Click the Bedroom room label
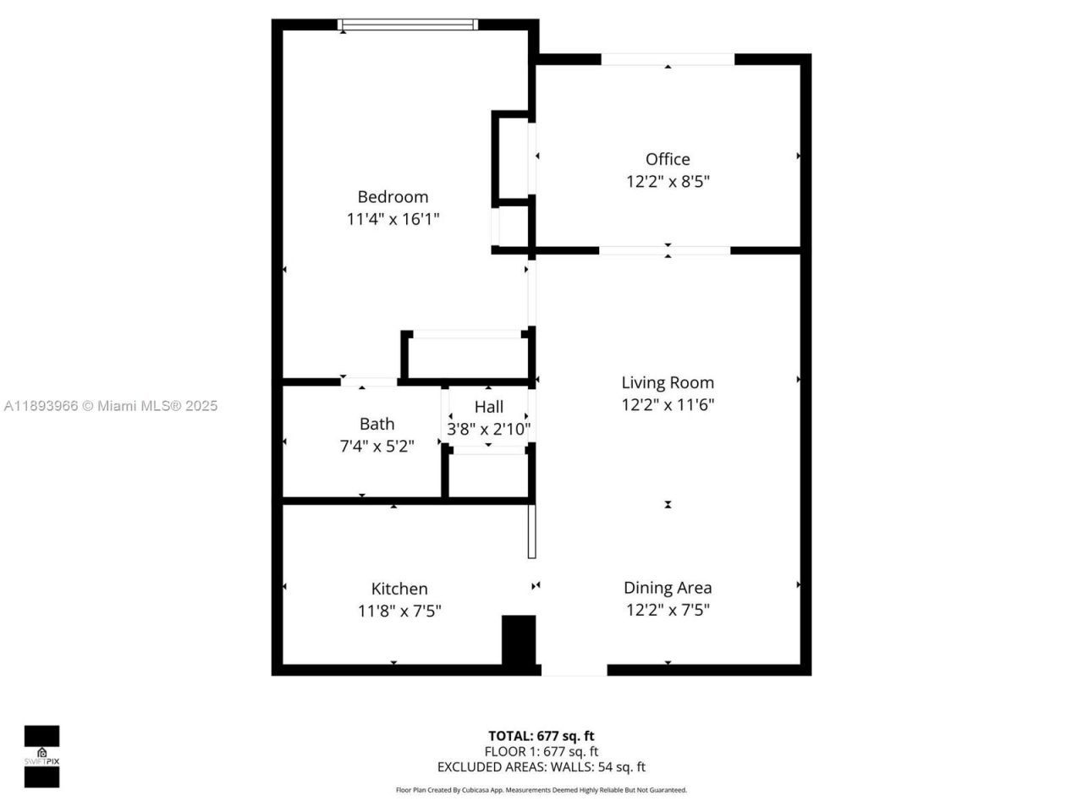(393, 197)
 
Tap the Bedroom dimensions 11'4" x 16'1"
(393, 219)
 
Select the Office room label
(668, 159)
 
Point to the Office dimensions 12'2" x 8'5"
(668, 181)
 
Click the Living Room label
(668, 382)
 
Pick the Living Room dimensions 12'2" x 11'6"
(668, 404)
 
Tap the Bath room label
(377, 424)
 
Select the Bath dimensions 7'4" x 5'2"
(377, 446)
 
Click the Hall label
(489, 407)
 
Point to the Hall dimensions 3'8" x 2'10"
(489, 429)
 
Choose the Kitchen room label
(399, 589)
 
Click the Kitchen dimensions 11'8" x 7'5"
(399, 611)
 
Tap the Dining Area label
(668, 588)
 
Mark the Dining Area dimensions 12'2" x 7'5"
(668, 610)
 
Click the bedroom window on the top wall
(408, 25)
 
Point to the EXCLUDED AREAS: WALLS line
(541, 767)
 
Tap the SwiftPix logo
(41, 756)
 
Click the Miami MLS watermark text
(111, 406)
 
